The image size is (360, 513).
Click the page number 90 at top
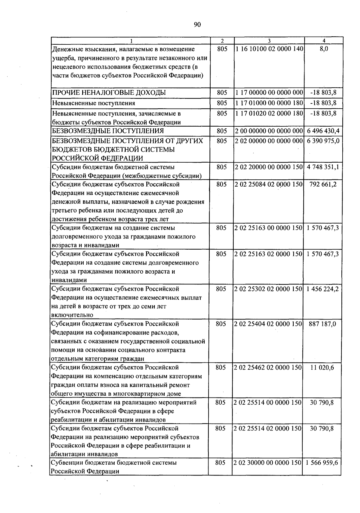[197, 25]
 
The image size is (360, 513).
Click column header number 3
[269, 41]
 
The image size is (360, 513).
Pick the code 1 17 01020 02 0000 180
[269, 113]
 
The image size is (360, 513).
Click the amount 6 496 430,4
[323, 131]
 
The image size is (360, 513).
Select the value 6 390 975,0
[323, 141]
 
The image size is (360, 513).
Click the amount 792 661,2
[323, 184]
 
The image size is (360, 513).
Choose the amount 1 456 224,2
[322, 289]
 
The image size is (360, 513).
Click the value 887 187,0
[322, 324]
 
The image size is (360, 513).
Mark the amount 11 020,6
[322, 367]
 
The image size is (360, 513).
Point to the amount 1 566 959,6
[322, 463]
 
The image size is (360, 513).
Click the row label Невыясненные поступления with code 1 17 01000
[94, 103]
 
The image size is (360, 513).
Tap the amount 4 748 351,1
[323, 167]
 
